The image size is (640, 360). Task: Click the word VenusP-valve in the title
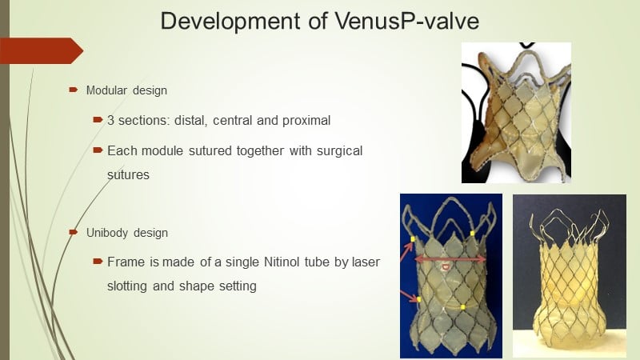click(x=407, y=21)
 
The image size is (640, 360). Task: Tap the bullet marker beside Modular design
click(x=74, y=90)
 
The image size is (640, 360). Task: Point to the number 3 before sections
click(x=110, y=121)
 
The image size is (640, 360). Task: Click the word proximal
click(x=306, y=121)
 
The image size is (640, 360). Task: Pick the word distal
click(x=190, y=121)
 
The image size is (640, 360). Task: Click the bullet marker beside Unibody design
click(x=74, y=232)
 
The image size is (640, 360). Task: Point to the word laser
click(x=366, y=262)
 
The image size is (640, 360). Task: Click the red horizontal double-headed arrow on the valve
click(x=450, y=259)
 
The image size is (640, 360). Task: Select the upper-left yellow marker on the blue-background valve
click(x=413, y=239)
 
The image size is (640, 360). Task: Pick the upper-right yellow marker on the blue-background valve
click(x=472, y=234)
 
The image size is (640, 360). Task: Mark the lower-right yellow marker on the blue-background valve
click(x=463, y=307)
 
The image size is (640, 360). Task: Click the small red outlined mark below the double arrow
click(x=446, y=267)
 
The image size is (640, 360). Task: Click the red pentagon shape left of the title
click(x=41, y=50)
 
